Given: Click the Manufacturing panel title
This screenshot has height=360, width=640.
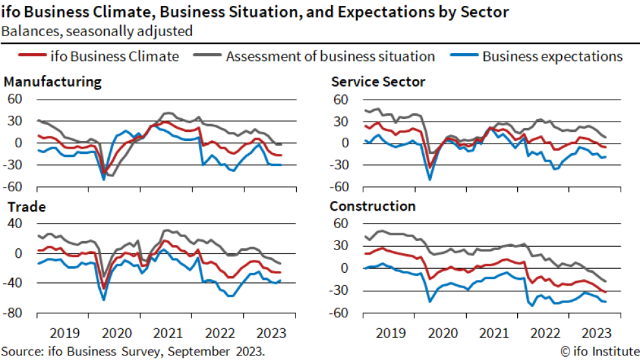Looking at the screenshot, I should pos(52,82).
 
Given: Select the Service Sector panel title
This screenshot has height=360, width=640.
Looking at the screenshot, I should pos(378,82).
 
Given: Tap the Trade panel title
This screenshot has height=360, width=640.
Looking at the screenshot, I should pos(25,207).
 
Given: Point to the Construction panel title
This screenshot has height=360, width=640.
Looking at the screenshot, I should pos(372,207).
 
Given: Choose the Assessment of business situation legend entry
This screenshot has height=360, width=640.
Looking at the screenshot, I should pos(330,56).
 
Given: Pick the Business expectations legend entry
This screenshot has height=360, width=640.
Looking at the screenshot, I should pos(552,56).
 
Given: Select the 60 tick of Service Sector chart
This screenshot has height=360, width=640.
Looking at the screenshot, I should pos(341,100).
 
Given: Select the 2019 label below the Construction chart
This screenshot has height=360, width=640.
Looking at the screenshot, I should pos(390,333).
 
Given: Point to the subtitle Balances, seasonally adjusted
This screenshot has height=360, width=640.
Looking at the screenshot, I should pos(96,30).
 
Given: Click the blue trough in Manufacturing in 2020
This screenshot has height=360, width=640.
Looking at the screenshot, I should pos(103,179).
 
